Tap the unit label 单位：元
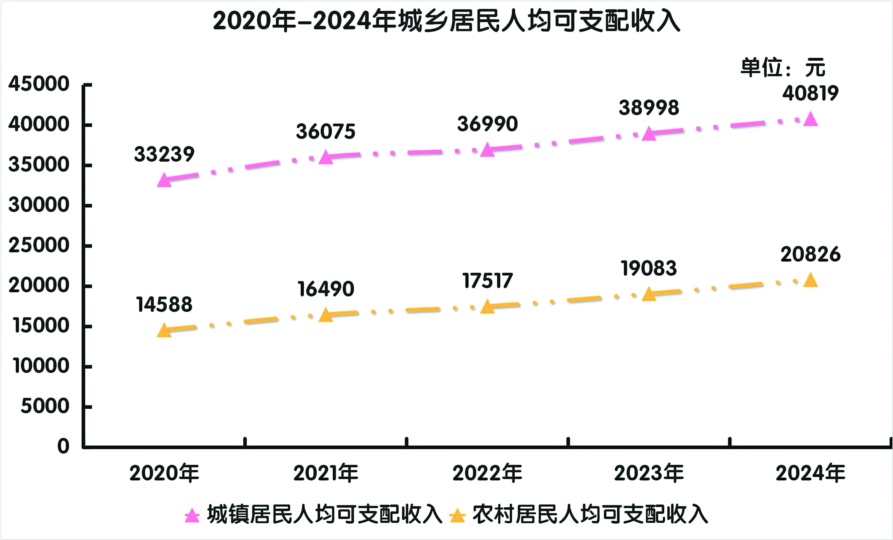coord(782,68)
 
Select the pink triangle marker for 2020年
coord(164,181)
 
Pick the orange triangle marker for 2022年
coord(488,307)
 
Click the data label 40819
coord(810,93)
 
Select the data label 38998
coord(649,108)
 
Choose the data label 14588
coord(164,304)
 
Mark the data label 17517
coord(488,281)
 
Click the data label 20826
coord(810,255)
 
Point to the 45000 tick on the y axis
coord(39,84)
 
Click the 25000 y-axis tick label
coord(39,245)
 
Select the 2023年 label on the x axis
coord(649,473)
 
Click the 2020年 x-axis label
coord(164,473)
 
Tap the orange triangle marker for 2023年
coord(649,294)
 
